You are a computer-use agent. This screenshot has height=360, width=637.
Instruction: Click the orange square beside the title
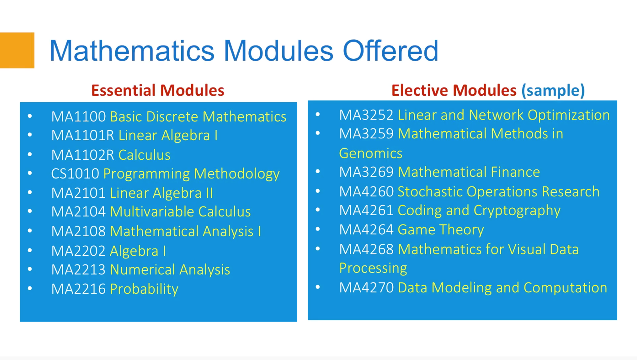pyautogui.click(x=17, y=50)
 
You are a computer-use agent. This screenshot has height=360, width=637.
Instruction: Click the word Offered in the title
pyautogui.click(x=390, y=51)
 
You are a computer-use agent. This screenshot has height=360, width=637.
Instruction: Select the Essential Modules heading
pyautogui.click(x=157, y=90)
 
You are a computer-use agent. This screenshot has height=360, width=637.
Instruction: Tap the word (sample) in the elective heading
pyautogui.click(x=553, y=91)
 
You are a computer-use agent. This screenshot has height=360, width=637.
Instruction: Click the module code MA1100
pyautogui.click(x=78, y=117)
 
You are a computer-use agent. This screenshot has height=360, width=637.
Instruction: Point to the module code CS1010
pyautogui.click(x=75, y=174)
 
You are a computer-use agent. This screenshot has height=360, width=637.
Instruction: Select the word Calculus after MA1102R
pyautogui.click(x=144, y=155)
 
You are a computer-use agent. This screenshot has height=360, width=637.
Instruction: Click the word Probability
pyautogui.click(x=144, y=289)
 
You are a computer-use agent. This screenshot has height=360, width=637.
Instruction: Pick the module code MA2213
pyautogui.click(x=78, y=270)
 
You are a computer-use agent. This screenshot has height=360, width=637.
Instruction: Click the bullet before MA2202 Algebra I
pyautogui.click(x=30, y=250)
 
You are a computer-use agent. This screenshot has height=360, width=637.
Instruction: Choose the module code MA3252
pyautogui.click(x=366, y=115)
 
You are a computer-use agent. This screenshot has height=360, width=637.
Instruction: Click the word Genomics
pyautogui.click(x=370, y=154)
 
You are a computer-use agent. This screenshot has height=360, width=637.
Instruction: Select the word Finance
pyautogui.click(x=515, y=172)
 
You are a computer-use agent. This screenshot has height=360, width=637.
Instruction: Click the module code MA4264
pyautogui.click(x=366, y=230)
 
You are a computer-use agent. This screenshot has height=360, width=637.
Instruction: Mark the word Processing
pyautogui.click(x=373, y=268)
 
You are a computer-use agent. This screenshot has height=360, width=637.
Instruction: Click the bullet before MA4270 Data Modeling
pyautogui.click(x=318, y=287)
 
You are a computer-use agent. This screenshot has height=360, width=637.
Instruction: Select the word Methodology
pyautogui.click(x=237, y=174)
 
